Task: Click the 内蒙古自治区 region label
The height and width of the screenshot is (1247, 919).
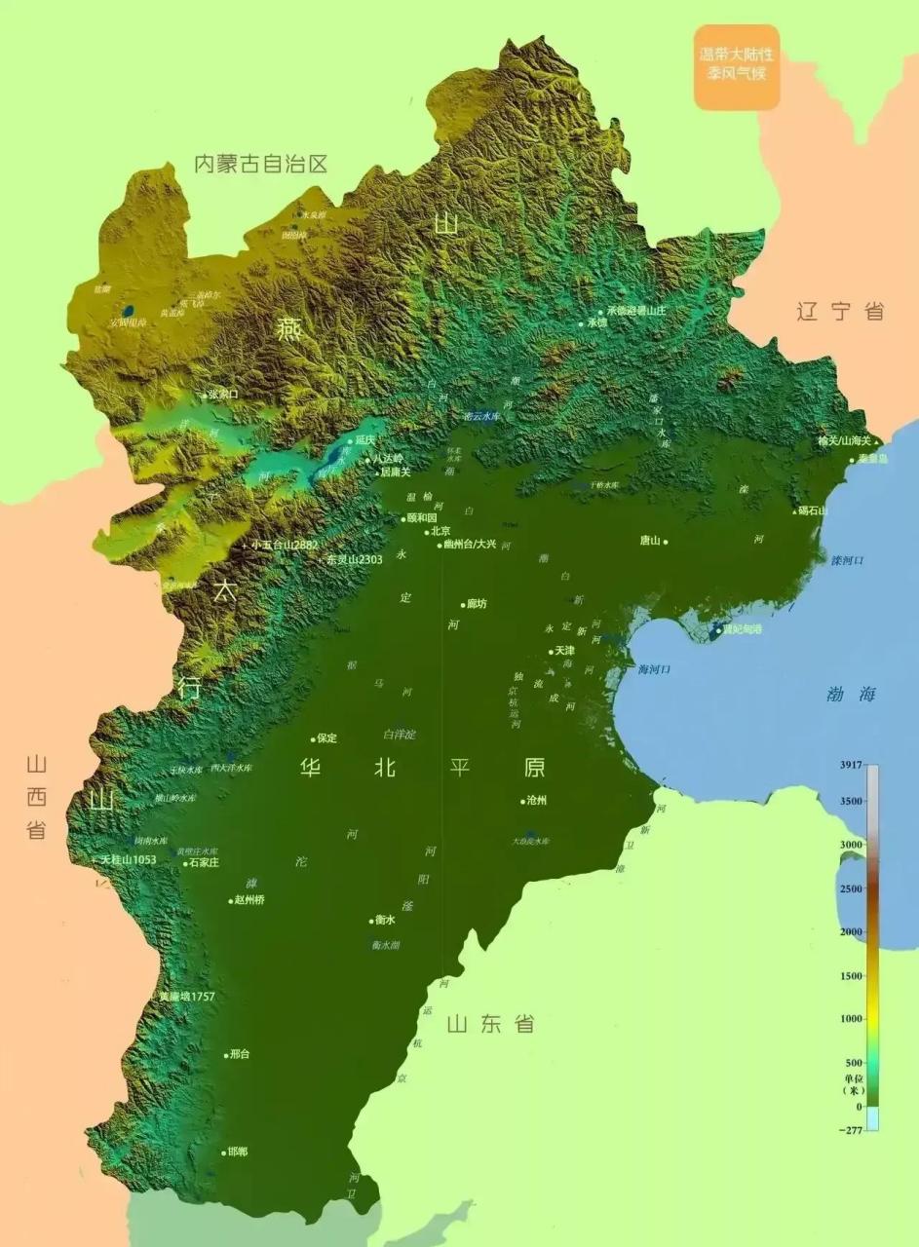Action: [260, 164]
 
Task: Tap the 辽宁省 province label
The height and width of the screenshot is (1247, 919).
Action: [840, 312]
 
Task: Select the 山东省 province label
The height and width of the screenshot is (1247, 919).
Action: [490, 1024]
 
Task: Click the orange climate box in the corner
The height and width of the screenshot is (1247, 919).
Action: [737, 66]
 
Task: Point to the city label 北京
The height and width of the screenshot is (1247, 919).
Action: [440, 531]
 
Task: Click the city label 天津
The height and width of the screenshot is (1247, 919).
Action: [565, 650]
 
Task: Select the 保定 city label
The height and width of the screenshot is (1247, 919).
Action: [325, 738]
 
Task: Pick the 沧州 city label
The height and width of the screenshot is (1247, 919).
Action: [538, 801]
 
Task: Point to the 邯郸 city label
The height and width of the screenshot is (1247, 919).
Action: [237, 1152]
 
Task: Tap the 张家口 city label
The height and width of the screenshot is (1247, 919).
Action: [222, 395]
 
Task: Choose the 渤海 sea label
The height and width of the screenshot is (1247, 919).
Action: [851, 694]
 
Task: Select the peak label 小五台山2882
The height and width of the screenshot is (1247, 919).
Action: [285, 545]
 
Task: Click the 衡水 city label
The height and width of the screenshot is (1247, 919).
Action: [385, 920]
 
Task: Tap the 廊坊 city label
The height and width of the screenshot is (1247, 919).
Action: [476, 604]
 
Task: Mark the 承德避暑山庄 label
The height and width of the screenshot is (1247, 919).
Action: [635, 311]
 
